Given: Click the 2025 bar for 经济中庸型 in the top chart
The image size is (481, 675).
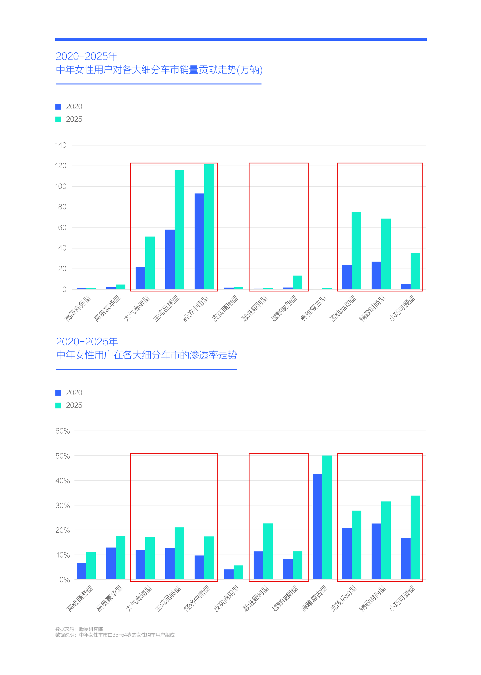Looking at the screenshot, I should (x=209, y=227).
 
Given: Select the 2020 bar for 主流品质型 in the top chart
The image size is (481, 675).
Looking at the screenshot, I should (x=170, y=259).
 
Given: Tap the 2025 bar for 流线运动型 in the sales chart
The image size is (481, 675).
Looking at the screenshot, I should (x=356, y=250).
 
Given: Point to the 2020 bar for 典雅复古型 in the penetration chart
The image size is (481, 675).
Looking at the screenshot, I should (x=317, y=526).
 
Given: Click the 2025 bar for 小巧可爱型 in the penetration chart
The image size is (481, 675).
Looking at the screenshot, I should (x=415, y=537).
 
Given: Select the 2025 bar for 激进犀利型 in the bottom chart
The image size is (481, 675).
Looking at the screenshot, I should (x=268, y=551).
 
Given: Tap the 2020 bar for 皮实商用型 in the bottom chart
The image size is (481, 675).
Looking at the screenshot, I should (x=229, y=574).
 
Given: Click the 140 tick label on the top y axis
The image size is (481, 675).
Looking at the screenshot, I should (x=60, y=145).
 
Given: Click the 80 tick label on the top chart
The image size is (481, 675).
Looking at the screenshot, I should (x=62, y=207).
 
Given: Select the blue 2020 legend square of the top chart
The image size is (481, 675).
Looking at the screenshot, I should (x=58, y=107).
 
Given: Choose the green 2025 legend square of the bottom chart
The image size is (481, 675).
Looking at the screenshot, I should (x=58, y=405).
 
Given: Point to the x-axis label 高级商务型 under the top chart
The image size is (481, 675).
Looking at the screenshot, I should (x=78, y=308).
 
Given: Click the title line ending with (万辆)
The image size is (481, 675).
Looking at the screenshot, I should (x=159, y=70).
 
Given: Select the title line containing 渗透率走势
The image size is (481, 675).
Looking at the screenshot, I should (x=147, y=355).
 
